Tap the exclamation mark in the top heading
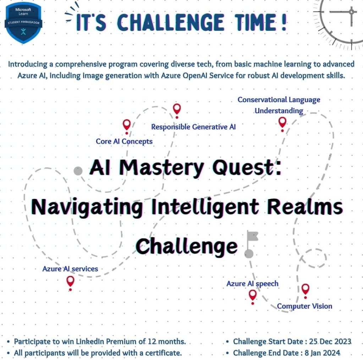(x=284, y=22)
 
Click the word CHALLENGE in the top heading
(x=171, y=22)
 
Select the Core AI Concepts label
(x=124, y=142)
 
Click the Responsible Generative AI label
(x=193, y=127)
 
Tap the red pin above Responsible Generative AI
(x=177, y=111)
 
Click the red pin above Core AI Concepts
(x=127, y=127)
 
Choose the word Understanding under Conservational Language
(x=279, y=111)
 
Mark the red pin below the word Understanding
(x=282, y=124)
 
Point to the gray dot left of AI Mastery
(x=78, y=171)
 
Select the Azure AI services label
(x=70, y=269)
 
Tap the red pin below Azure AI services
(x=70, y=283)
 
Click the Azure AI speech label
(x=252, y=284)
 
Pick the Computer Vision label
(x=305, y=306)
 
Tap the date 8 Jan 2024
(x=323, y=353)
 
